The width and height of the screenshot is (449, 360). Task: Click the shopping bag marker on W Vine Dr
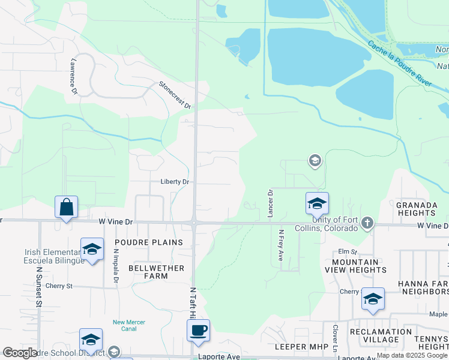[x=67, y=208]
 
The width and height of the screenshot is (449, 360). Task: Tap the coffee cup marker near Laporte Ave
[x=198, y=330]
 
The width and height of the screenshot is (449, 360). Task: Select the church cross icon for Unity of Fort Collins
[x=367, y=224]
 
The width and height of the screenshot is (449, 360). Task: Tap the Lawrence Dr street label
[x=74, y=76]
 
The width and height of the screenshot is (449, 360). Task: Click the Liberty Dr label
[x=175, y=182]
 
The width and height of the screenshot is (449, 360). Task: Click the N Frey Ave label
[x=280, y=245]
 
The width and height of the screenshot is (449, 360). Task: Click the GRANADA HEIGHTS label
[x=416, y=209]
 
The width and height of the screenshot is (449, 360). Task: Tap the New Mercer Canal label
[x=129, y=325]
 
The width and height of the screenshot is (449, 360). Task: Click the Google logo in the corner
[x=20, y=353]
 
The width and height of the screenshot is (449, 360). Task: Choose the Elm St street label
[x=347, y=251]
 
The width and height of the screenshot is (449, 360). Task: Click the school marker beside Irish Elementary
[x=92, y=250]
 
